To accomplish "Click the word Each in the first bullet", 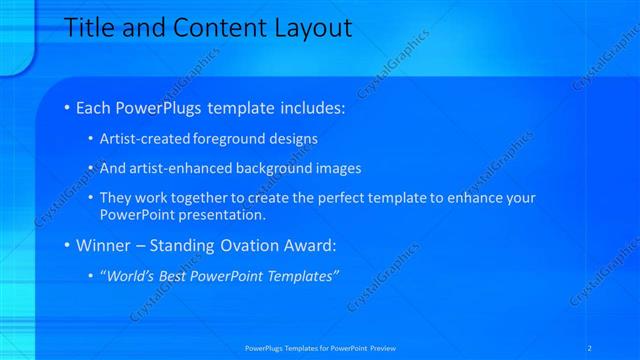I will pos(95,107).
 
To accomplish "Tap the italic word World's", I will pos(129,275).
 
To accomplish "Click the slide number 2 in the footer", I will pos(591,347).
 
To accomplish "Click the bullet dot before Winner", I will pos(67,244).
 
